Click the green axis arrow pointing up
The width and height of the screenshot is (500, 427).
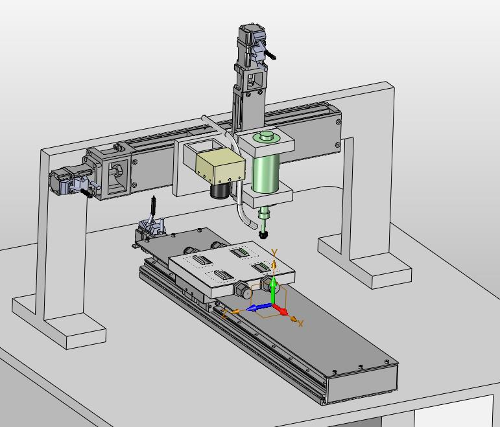coord(273,290)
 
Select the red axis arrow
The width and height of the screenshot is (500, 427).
coord(280,310)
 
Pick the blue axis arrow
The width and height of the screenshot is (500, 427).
coord(259,308)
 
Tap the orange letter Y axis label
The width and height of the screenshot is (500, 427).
coord(274,253)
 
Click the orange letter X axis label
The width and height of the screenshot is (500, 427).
coord(300,324)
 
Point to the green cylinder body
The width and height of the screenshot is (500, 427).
coord(266,172)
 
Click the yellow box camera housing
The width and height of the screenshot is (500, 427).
coord(220,166)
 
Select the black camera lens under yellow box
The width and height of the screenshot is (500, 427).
coord(220,190)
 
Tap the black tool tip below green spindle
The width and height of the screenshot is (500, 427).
coord(263,235)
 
